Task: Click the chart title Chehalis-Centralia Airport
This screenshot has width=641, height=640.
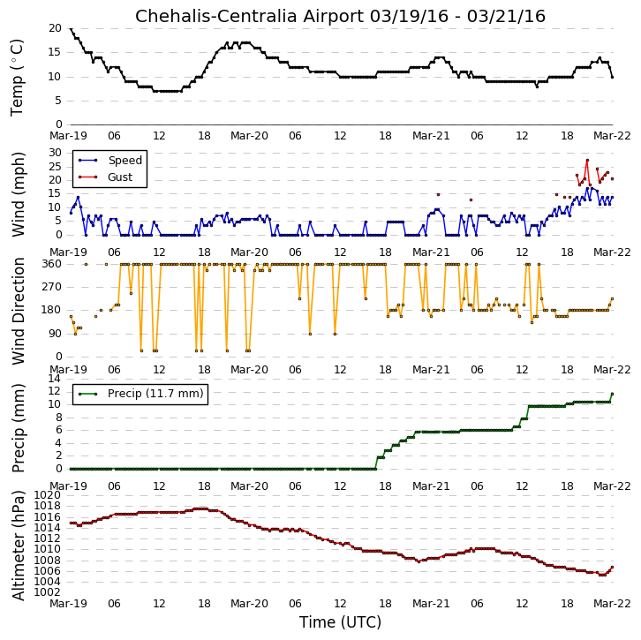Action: pyautogui.click(x=249, y=17)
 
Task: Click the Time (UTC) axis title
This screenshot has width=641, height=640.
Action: pyautogui.click(x=340, y=622)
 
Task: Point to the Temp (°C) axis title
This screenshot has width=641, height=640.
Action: pyautogui.click(x=17, y=78)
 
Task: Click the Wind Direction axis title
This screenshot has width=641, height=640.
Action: pyautogui.click(x=18, y=311)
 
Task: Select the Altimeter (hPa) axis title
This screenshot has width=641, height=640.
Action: pyautogui.click(x=18, y=546)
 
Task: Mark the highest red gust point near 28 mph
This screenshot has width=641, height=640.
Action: pyautogui.click(x=587, y=160)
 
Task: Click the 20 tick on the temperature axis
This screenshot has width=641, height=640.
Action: pyautogui.click(x=55, y=28)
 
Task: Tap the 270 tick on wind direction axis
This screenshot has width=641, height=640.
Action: pyautogui.click(x=51, y=287)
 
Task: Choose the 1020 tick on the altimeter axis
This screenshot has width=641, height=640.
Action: pyautogui.click(x=47, y=495)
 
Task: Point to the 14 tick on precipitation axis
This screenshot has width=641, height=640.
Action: pyautogui.click(x=55, y=379)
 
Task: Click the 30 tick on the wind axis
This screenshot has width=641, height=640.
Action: pyautogui.click(x=55, y=153)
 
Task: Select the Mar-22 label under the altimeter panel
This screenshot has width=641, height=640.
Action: pyautogui.click(x=612, y=604)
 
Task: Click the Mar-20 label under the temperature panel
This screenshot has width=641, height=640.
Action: pyautogui.click(x=249, y=136)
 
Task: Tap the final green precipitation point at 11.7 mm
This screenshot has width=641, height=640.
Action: pyautogui.click(x=613, y=394)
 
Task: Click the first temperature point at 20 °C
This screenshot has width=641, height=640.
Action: pyautogui.click(x=72, y=28)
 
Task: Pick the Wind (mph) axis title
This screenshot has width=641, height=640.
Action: pyautogui.click(x=18, y=194)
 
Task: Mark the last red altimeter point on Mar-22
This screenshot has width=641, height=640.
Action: pyautogui.click(x=613, y=568)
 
